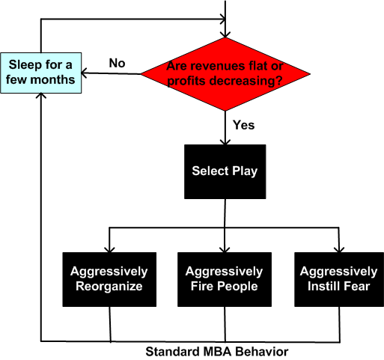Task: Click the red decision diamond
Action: pyautogui.click(x=225, y=73)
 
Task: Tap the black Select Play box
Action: pyautogui.click(x=225, y=171)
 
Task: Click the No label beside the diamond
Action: pyautogui.click(x=117, y=63)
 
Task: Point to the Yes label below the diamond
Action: pyautogui.click(x=244, y=123)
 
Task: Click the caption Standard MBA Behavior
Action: pyautogui.click(x=216, y=350)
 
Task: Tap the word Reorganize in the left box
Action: pyautogui.click(x=109, y=285)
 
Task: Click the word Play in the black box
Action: pyautogui.click(x=245, y=171)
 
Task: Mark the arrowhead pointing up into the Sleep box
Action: pyautogui.click(x=41, y=99)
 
